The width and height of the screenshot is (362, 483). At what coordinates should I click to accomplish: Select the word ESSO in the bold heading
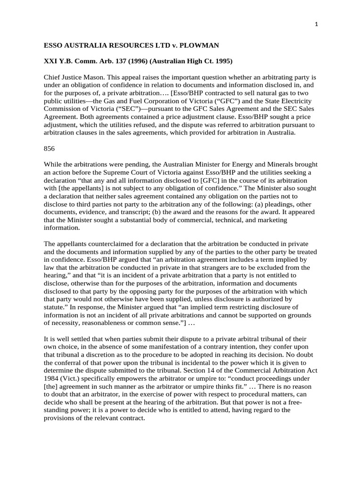click(53, 45)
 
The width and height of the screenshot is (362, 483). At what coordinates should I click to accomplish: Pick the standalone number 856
click(49, 148)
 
